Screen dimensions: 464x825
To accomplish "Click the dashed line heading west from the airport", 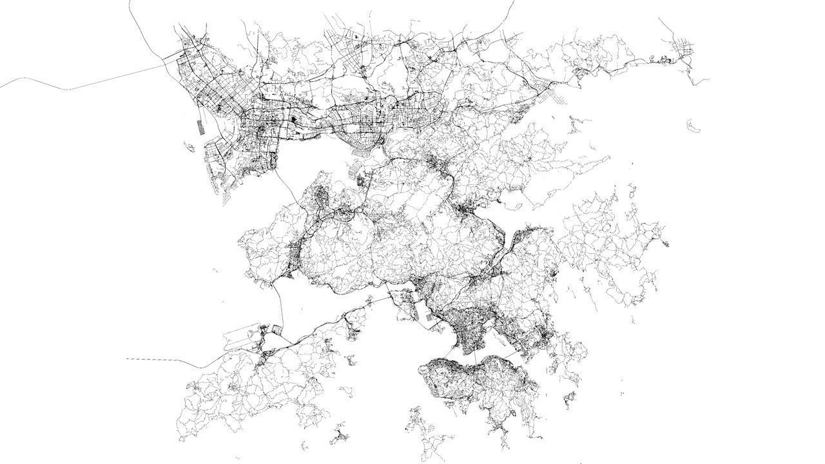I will coord(155,359).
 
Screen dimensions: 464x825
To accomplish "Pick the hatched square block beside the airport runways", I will coord(275,331).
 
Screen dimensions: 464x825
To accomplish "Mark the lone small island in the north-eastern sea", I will coord(694,125).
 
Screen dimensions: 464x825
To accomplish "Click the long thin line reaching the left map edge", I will coord(39,82).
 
